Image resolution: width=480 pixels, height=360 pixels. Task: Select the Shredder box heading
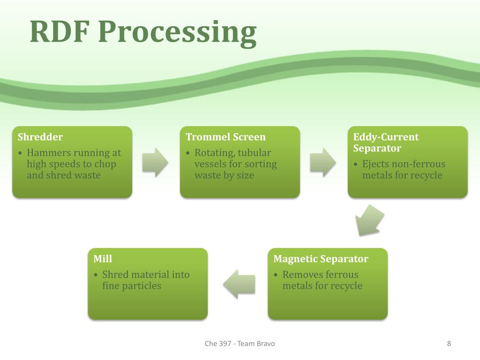[x=40, y=137]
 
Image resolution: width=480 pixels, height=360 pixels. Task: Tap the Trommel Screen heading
[x=225, y=137]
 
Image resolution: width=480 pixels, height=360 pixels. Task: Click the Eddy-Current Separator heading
[x=386, y=142]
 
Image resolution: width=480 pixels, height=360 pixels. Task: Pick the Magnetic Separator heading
[x=321, y=259]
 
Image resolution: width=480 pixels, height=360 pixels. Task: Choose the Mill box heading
[x=103, y=259]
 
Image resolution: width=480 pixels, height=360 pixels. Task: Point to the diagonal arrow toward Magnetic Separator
[x=368, y=220]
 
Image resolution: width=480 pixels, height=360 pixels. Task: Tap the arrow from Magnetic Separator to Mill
[x=239, y=284]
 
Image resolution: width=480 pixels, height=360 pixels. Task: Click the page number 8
[x=449, y=344]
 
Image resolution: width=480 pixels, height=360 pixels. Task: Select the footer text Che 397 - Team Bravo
[x=240, y=344]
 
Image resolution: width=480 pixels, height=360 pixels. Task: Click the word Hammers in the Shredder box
[x=50, y=153]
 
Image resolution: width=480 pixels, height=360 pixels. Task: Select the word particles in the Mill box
[x=141, y=286]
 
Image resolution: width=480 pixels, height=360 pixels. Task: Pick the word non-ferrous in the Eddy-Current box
[x=418, y=164]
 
